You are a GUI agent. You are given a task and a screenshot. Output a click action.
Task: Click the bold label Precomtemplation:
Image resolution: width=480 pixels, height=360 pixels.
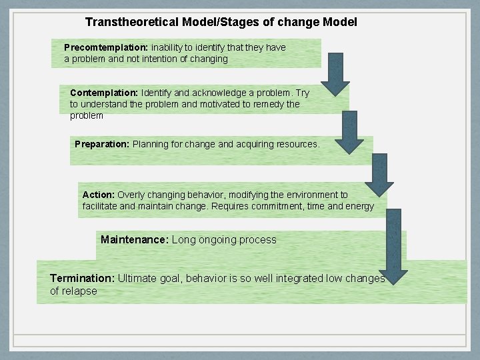pyautogui.click(x=106, y=48)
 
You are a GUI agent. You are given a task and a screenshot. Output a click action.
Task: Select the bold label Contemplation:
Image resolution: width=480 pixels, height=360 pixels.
pyautogui.click(x=104, y=93)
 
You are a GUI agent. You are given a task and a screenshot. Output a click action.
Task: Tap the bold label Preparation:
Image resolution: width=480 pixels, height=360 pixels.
pyautogui.click(x=102, y=144)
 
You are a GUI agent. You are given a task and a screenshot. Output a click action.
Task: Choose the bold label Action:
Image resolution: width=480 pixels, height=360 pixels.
pyautogui.click(x=99, y=195)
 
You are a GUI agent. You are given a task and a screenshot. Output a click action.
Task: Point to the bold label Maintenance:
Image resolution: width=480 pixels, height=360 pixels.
pyautogui.click(x=135, y=239)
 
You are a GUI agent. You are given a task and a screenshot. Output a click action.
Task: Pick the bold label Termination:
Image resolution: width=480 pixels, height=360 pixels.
pyautogui.click(x=82, y=278)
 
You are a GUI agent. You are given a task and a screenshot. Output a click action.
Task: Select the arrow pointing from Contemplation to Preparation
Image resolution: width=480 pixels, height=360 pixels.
pyautogui.click(x=349, y=132)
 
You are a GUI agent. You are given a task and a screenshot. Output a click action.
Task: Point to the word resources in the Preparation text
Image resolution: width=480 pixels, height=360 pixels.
pyautogui.click(x=297, y=144)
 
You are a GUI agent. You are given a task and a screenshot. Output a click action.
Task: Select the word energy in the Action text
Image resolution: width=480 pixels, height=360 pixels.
pyautogui.click(x=361, y=206)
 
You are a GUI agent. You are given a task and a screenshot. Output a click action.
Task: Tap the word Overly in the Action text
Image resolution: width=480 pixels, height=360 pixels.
pyautogui.click(x=131, y=195)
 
